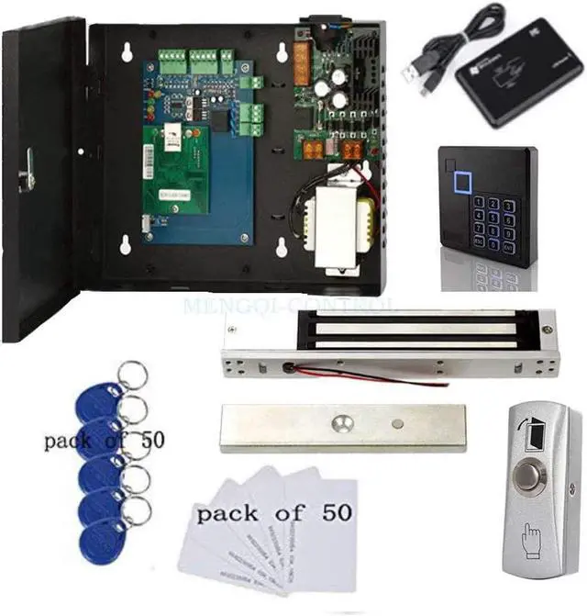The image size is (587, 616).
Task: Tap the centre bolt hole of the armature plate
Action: [x=342, y=426]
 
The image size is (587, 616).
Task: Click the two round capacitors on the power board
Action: [x=331, y=91]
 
